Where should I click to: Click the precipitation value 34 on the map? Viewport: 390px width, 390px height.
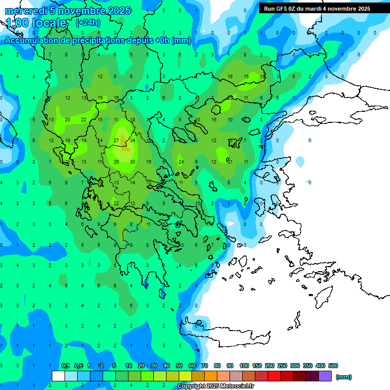tap(132, 140)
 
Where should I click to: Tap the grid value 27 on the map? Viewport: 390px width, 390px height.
tap(116, 140)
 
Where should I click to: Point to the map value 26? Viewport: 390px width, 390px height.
tap(116, 162)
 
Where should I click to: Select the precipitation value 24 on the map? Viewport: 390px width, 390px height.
tap(181, 162)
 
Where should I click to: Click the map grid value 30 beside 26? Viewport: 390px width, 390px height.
tap(132, 162)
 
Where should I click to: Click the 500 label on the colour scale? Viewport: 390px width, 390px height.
tap(333, 366)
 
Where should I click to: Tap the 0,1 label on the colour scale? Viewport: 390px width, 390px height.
tap(65, 366)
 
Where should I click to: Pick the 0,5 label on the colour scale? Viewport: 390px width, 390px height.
tap(78, 366)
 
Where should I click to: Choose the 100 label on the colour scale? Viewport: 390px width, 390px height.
tap(244, 366)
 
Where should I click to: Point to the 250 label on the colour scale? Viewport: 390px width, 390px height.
tap(282, 366)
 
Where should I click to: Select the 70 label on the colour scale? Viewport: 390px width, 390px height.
tap(205, 366)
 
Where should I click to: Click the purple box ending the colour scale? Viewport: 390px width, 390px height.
tap(325, 376)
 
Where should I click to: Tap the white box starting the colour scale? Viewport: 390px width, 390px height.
tap(58, 376)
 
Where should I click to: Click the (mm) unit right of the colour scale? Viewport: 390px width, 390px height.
tap(344, 377)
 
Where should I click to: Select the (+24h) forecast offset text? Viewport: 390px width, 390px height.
tap(87, 23)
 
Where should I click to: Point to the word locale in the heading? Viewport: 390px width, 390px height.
tap(49, 23)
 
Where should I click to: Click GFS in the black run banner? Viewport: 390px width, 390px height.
tap(280, 9)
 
